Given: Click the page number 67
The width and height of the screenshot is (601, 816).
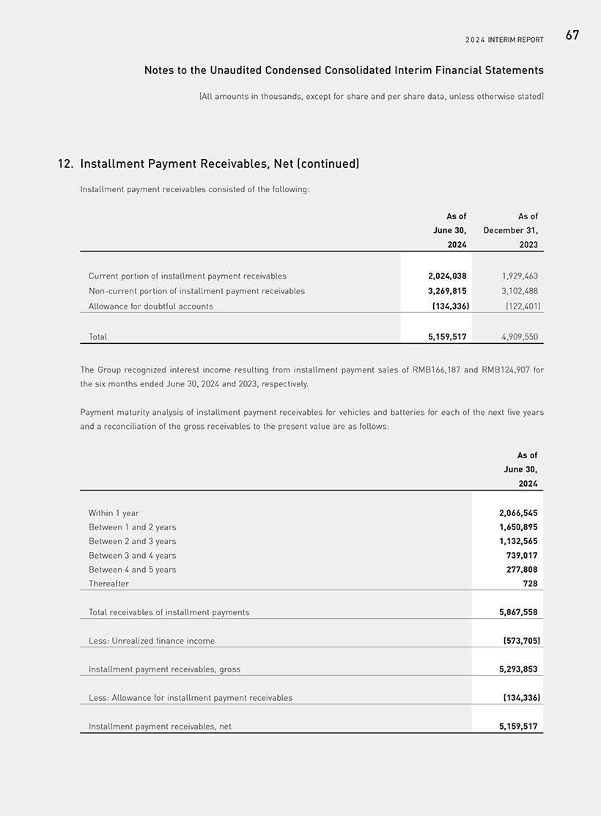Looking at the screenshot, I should tap(572, 35).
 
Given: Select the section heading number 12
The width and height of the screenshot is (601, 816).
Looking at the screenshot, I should tap(64, 164).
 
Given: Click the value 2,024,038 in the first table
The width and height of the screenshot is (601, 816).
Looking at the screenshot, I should tap(447, 276).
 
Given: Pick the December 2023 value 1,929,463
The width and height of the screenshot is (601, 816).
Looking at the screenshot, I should tap(520, 276).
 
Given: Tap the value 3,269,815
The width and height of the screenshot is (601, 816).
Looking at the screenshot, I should tap(447, 291).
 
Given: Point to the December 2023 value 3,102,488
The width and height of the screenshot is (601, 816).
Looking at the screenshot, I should tap(520, 291).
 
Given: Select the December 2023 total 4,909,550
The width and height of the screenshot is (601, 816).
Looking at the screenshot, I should tap(520, 337).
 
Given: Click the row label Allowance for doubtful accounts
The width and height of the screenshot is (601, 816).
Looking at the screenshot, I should tap(151, 306).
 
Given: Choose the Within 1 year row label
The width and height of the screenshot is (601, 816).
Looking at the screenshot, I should tap(114, 513).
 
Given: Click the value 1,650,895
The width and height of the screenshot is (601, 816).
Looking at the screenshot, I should tap(518, 527).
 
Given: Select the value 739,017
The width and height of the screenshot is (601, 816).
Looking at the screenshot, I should tap(522, 556).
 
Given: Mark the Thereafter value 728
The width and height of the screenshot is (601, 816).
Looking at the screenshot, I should tap(530, 584).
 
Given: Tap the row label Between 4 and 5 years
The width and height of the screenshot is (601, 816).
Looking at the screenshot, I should tap(133, 570).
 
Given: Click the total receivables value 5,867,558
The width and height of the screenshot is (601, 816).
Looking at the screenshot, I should tap(518, 612).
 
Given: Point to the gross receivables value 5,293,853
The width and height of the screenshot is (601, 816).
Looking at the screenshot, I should tap(518, 669).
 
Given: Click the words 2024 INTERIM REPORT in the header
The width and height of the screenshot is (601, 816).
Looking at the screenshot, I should tap(504, 40).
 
